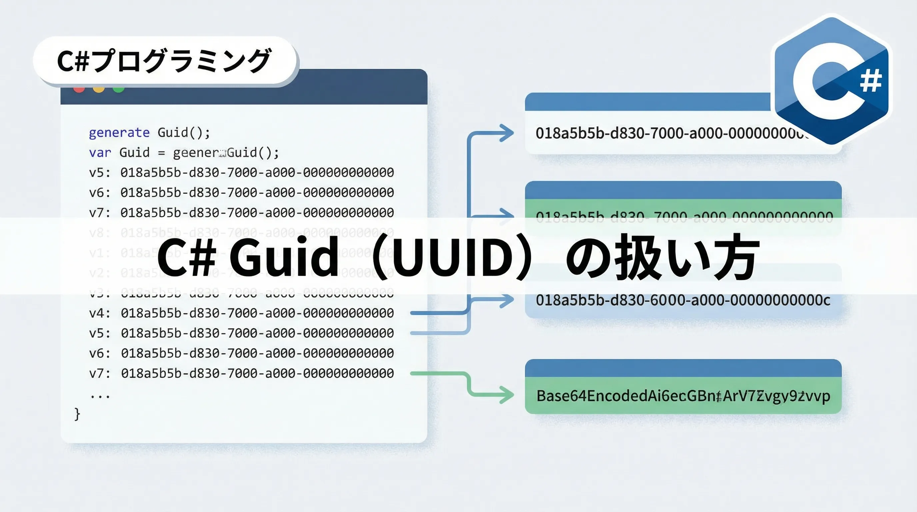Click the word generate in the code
(x=119, y=133)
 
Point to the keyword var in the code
(x=100, y=153)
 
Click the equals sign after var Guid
(x=161, y=153)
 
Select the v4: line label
(x=100, y=313)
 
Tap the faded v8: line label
(x=100, y=233)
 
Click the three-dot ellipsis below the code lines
(x=100, y=396)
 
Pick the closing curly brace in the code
(x=77, y=414)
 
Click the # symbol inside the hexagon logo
(x=871, y=81)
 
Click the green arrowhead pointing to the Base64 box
(x=507, y=395)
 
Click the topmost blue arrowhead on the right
(x=507, y=133)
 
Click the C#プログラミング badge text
(x=164, y=61)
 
